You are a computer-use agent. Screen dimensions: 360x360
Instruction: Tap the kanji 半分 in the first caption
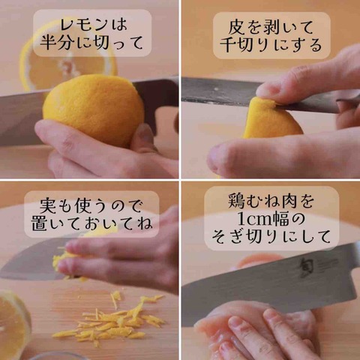[58, 42]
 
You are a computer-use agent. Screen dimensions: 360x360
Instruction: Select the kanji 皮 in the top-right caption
[236, 28]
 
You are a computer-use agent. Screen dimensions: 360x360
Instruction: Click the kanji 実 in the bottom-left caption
[48, 205]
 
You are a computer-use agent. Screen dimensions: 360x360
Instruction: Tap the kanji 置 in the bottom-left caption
[39, 223]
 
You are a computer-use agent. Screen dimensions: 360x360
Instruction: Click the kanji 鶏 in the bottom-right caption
[236, 202]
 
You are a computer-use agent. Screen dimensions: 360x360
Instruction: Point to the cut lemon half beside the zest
[13, 325]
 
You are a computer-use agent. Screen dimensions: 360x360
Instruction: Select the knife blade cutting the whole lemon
[22, 118]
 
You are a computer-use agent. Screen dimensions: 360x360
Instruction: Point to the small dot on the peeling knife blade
[217, 88]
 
